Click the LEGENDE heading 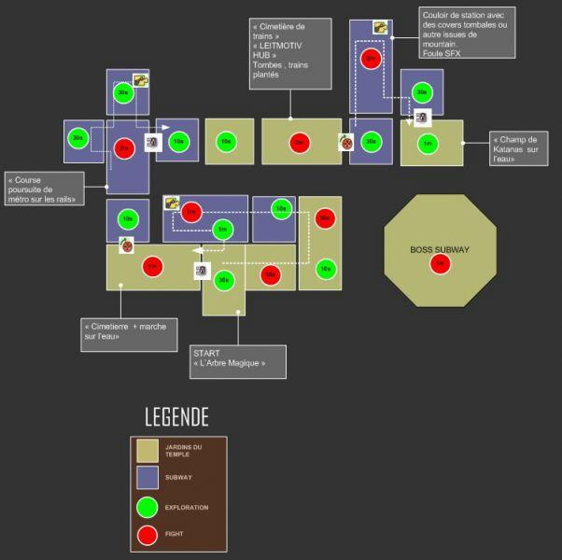point(176,416)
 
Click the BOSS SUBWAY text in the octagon point(440,249)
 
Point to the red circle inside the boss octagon point(440,264)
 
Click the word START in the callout point(207,354)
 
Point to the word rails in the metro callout point(65,199)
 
